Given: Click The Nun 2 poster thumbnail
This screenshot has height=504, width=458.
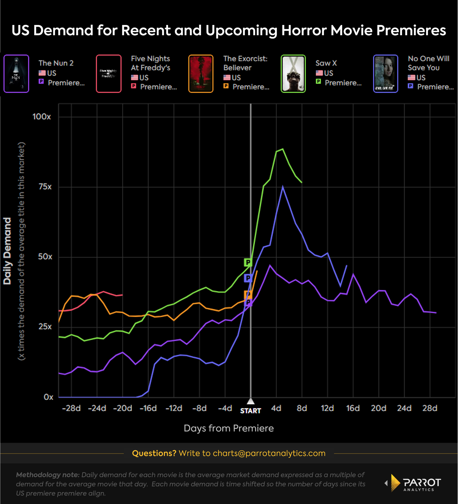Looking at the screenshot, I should [16, 74].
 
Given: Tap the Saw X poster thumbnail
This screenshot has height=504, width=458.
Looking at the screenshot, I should [293, 74].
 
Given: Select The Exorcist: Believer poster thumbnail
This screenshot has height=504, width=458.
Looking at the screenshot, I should [201, 74].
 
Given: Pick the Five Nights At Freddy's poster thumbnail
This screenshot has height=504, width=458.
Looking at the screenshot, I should [108, 74].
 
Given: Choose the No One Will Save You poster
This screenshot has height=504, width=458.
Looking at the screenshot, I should [386, 74].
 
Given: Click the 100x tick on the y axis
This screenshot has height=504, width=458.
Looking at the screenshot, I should [42, 117].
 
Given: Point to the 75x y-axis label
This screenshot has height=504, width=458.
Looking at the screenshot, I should [45, 187].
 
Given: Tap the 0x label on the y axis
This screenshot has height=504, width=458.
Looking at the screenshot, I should [48, 397].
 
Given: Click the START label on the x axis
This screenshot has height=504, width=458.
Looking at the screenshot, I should [250, 411].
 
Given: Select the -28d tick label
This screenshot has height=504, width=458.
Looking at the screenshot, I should [71, 408].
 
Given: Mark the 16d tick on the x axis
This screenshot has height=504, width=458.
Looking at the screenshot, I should [353, 408].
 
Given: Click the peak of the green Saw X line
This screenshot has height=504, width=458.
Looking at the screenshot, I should [283, 149].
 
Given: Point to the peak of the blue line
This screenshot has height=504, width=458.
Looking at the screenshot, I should [283, 187].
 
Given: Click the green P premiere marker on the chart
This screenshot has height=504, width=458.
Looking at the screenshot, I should [248, 262].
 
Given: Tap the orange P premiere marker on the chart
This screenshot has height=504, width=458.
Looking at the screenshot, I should [248, 294].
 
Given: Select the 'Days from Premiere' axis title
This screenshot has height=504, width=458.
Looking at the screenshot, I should [229, 428].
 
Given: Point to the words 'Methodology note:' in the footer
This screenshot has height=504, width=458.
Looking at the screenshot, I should [48, 475].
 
